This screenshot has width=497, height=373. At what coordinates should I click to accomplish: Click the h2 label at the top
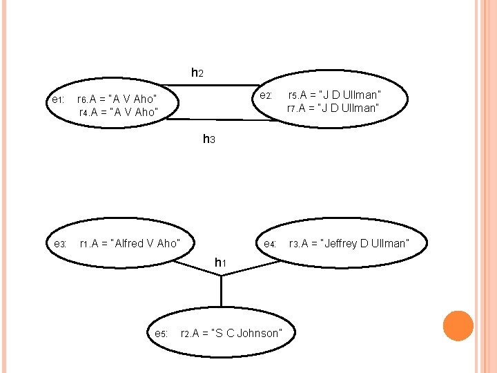197,73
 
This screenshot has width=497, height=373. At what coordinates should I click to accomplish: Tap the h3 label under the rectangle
209,139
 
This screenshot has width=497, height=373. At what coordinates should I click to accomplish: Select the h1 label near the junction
220,262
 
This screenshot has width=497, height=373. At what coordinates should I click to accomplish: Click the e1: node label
58,99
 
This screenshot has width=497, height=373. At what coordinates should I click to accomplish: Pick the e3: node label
59,244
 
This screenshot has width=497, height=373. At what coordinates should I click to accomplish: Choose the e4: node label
269,244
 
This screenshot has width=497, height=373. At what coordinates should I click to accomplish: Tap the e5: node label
161,334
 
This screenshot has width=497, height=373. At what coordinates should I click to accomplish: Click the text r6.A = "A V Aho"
117,99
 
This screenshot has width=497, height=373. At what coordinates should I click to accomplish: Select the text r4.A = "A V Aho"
118,112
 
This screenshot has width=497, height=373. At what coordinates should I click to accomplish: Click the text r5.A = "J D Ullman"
335,95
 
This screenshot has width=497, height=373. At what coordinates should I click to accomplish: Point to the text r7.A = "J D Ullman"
333,108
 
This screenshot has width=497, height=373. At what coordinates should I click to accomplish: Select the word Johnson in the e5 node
259,334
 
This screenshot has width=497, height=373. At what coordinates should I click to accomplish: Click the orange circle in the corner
457,326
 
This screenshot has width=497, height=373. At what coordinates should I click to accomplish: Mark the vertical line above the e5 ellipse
221,290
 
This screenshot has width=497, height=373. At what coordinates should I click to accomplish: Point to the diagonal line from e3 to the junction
197,267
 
